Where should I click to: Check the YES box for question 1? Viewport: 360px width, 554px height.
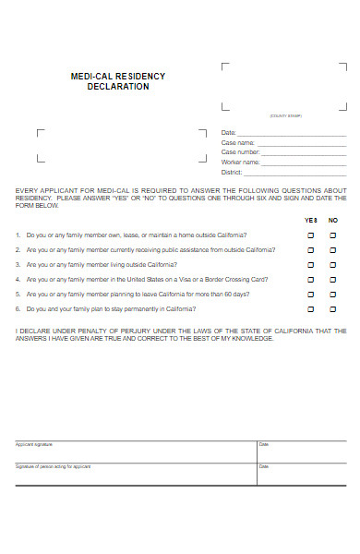pyautogui.click(x=310, y=235)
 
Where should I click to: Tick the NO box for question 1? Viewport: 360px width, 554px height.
pyautogui.click(x=333, y=235)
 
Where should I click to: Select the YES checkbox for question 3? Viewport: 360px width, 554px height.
pyautogui.click(x=310, y=265)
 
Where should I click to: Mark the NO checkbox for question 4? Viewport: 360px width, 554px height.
pyautogui.click(x=333, y=280)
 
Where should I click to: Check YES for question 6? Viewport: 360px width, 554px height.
pyautogui.click(x=310, y=309)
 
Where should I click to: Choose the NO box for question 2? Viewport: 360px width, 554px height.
pyautogui.click(x=333, y=250)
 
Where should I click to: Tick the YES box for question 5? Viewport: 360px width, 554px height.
pyautogui.click(x=310, y=295)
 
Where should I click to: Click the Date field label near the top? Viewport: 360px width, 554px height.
pyautogui.click(x=229, y=133)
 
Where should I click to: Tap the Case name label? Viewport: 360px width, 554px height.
pyautogui.click(x=237, y=143)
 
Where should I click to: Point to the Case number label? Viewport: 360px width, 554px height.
pyautogui.click(x=240, y=152)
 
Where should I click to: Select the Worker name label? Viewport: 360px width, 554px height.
pyautogui.click(x=240, y=163)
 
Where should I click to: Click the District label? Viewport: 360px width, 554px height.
pyautogui.click(x=232, y=173)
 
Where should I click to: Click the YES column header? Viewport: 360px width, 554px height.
pyautogui.click(x=310, y=221)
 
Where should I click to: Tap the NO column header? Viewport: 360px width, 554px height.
pyautogui.click(x=333, y=221)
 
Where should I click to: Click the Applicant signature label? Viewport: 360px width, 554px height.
pyautogui.click(x=34, y=445)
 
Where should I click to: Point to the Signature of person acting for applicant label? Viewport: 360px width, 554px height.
pyautogui.click(x=54, y=466)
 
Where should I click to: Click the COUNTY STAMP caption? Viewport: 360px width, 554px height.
pyautogui.click(x=285, y=116)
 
